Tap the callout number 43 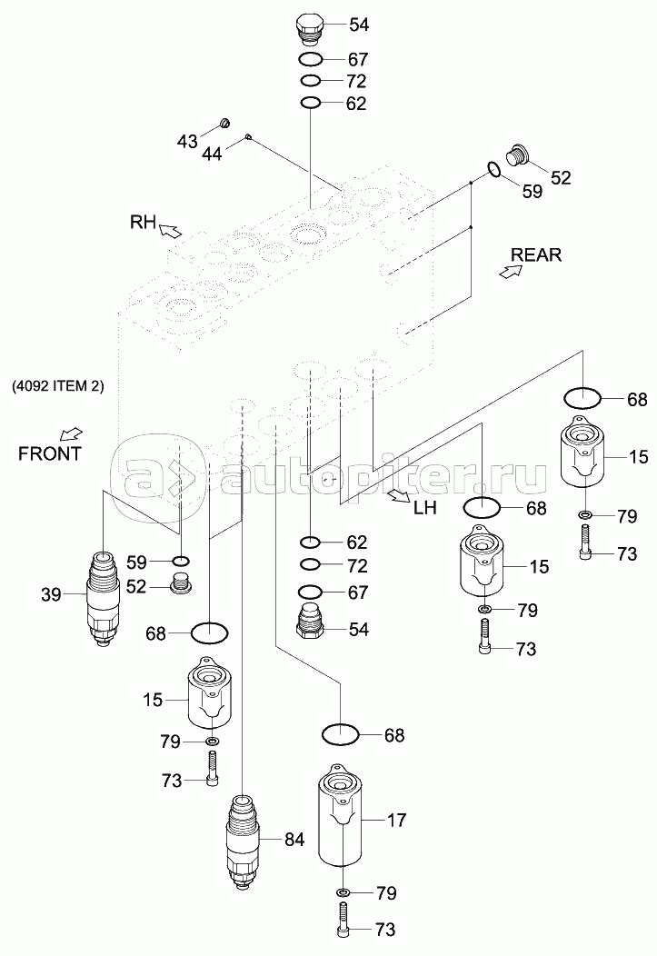[187, 142]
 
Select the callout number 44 [212, 154]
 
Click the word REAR [536, 254]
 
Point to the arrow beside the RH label [171, 230]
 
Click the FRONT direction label [49, 453]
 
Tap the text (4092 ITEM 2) [57, 386]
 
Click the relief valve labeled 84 [243, 841]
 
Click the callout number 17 [396, 821]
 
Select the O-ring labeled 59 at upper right [494, 170]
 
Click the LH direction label [425, 507]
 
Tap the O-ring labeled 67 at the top [311, 59]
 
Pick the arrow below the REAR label [511, 272]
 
